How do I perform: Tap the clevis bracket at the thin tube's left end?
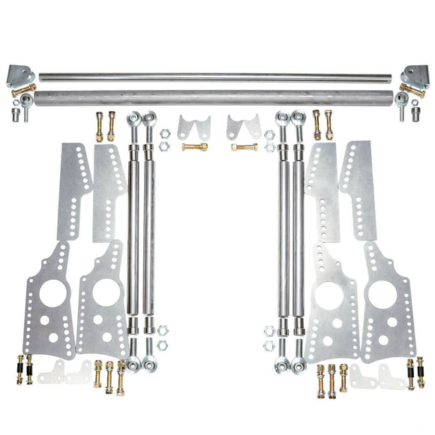coord(19,74)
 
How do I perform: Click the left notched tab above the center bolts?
coord(193,125)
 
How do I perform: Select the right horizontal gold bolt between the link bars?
coord(244,147)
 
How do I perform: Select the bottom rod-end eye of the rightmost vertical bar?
coord(299,365)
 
